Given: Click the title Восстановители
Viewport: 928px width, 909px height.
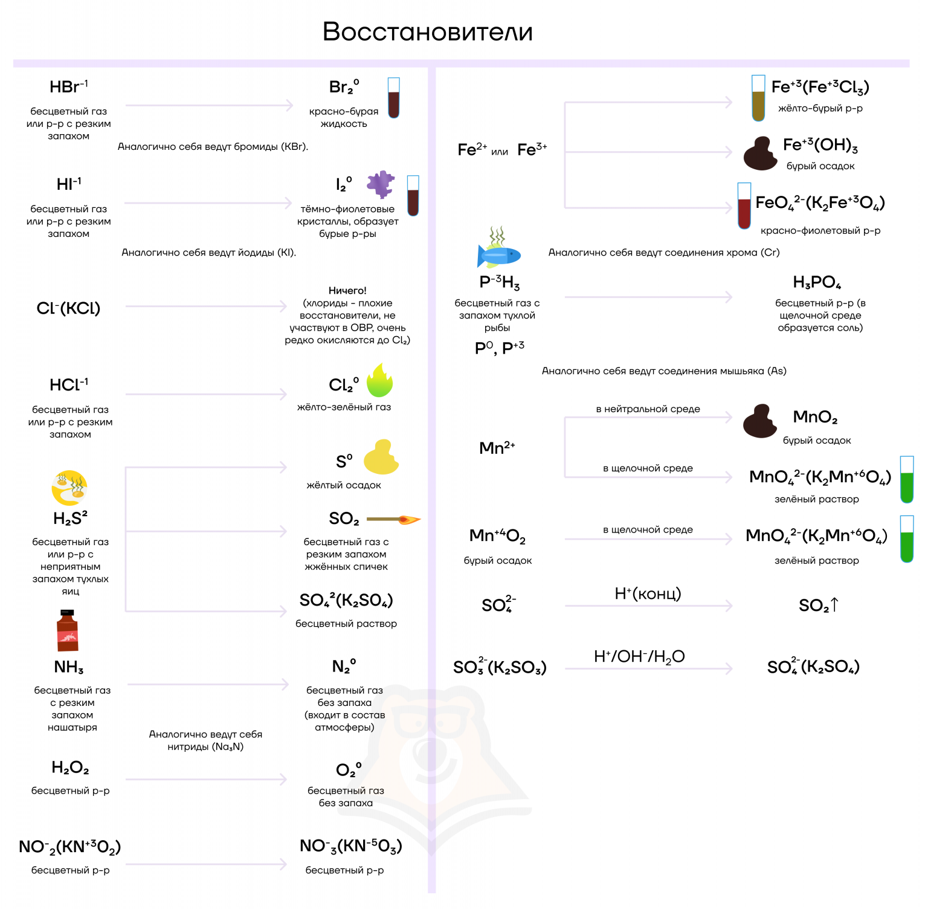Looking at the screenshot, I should click(x=428, y=32).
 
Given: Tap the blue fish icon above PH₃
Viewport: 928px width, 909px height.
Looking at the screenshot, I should click(x=498, y=253).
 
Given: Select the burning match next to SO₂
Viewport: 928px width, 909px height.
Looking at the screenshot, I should click(x=393, y=519).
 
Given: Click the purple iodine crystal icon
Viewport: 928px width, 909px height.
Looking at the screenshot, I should click(x=381, y=184).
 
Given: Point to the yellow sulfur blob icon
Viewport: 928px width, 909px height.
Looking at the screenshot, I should click(x=381, y=458).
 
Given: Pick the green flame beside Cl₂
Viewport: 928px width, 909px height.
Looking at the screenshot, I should click(x=379, y=381).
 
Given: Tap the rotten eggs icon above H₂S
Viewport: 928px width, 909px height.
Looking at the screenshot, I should click(x=69, y=488).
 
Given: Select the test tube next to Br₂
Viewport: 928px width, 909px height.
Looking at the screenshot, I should click(x=394, y=98).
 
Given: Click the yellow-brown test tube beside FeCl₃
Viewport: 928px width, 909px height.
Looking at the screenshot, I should click(x=758, y=99).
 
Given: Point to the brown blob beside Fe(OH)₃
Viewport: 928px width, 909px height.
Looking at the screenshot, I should click(x=760, y=154).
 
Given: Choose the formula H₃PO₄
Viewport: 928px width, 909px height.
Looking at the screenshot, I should click(x=817, y=282).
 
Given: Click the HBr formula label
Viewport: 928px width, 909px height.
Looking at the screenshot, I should click(x=68, y=86).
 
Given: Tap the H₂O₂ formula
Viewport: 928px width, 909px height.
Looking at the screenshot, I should click(x=70, y=768).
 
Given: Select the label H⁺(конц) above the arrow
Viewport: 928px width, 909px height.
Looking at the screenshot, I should click(x=648, y=594).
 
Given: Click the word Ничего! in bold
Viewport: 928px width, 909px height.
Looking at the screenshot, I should click(x=347, y=291).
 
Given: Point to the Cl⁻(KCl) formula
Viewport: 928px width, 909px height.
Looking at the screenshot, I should click(x=68, y=308).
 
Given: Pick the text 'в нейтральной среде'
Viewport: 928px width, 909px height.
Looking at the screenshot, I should click(x=648, y=409).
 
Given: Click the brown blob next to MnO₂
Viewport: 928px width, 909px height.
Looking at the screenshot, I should click(x=760, y=421).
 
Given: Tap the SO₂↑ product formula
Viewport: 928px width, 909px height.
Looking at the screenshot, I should click(x=819, y=605).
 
